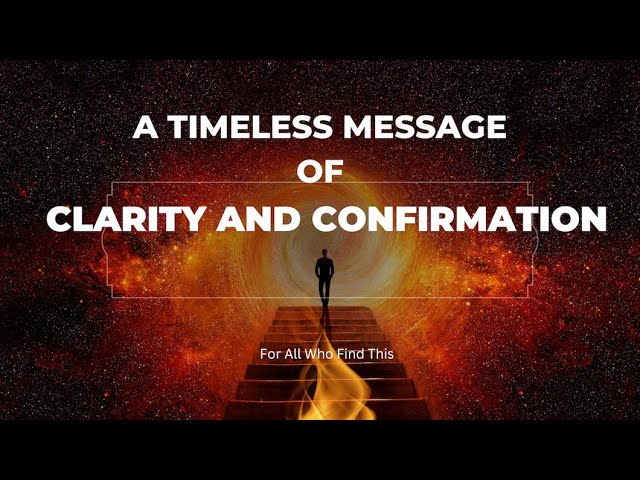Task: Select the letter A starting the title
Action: pyautogui.click(x=146, y=128)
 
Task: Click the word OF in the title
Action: pyautogui.click(x=320, y=172)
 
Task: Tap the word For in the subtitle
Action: pyautogui.click(x=269, y=353)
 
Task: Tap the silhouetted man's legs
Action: pyautogui.click(x=324, y=290)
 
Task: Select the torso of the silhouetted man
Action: pyautogui.click(x=324, y=268)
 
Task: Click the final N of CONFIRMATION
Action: pyautogui.click(x=593, y=218)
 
